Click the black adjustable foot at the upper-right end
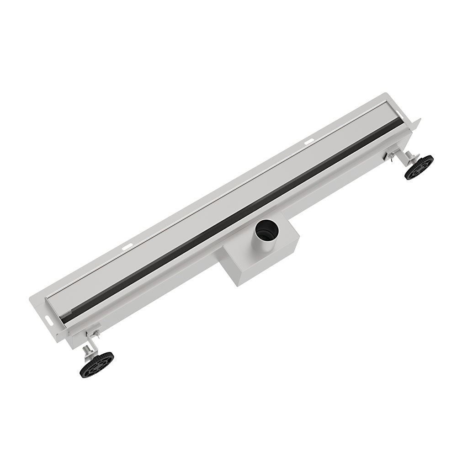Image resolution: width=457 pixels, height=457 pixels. pos(419,167)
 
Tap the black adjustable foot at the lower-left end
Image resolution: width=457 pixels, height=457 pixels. pos(96,364)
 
